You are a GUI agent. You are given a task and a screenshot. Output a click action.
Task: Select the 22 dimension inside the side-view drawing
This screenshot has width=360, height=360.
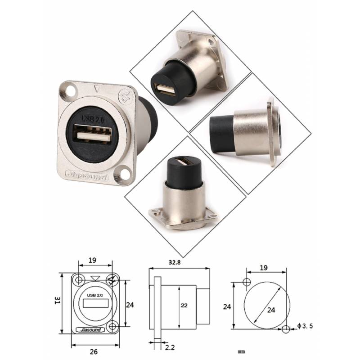point(184,305)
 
